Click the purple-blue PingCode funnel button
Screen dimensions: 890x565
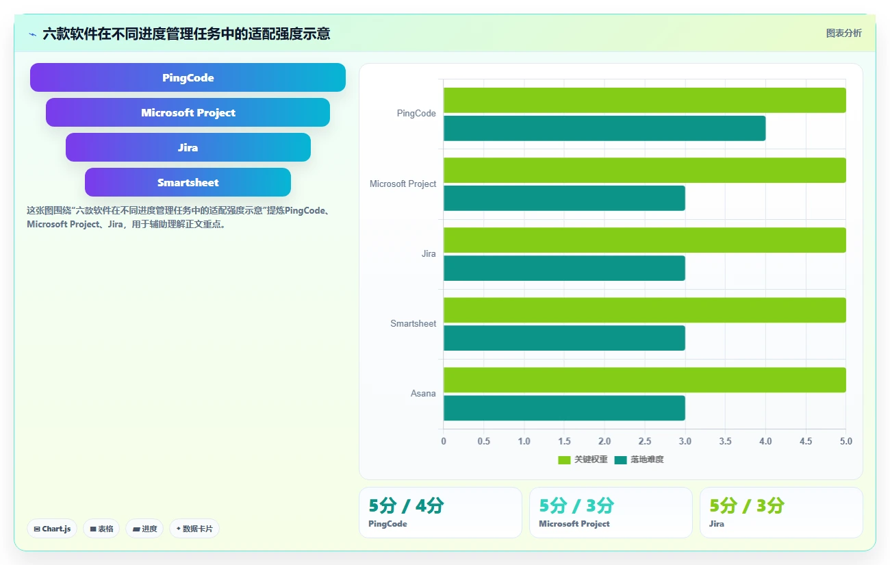point(188,77)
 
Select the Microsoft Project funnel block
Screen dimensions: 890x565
point(188,112)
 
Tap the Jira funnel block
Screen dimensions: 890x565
point(188,147)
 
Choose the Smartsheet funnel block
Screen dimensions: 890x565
point(188,182)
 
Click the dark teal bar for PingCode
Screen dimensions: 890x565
point(605,128)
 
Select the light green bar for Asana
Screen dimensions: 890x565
point(644,380)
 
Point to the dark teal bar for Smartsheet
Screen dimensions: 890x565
point(564,338)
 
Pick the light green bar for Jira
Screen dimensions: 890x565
point(644,240)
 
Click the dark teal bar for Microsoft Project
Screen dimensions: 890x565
point(564,199)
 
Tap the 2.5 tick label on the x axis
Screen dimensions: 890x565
point(644,441)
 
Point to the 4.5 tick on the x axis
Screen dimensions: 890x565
point(806,441)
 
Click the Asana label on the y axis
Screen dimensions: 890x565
point(423,393)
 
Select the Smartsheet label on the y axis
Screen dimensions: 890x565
point(413,323)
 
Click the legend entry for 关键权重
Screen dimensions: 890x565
point(583,460)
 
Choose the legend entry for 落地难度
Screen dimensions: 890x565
point(639,460)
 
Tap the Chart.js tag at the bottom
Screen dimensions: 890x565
point(52,529)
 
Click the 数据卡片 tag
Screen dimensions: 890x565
point(194,529)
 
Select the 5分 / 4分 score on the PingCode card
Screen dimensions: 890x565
point(406,506)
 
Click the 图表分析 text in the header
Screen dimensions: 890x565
point(844,34)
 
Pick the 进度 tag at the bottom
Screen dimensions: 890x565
point(144,529)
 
